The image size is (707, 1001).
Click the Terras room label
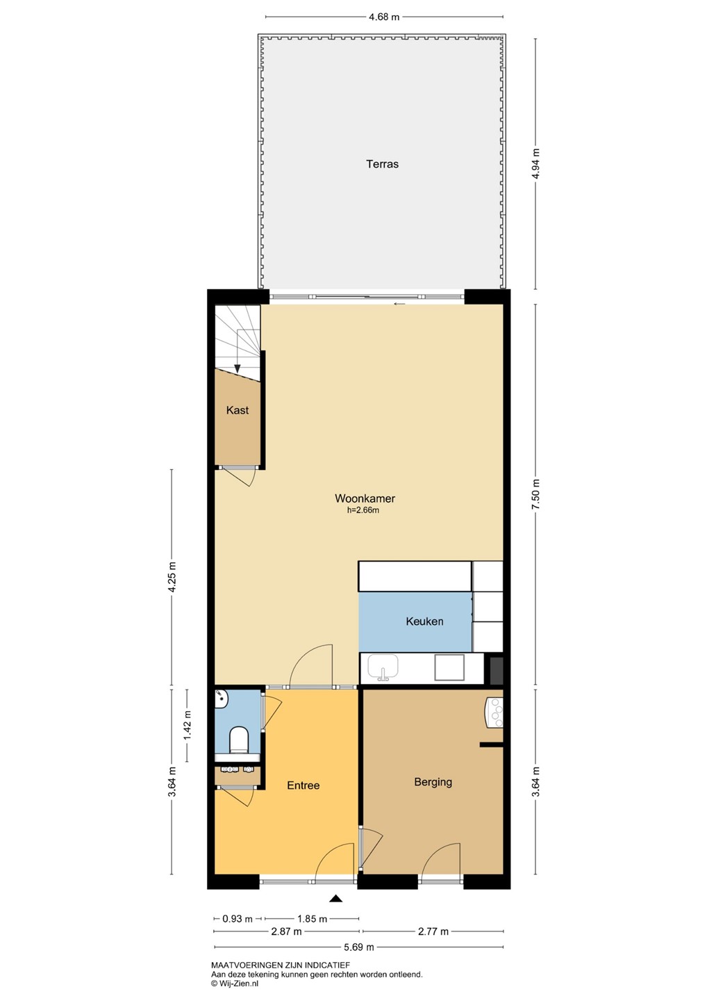point(382,164)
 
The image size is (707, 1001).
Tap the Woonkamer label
point(365,498)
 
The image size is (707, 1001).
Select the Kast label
point(237,410)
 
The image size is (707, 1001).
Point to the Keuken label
point(424,621)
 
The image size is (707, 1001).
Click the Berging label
point(433,781)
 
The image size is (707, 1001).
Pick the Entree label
point(303,786)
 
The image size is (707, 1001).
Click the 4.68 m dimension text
point(384,17)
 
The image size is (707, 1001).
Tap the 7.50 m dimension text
point(535,494)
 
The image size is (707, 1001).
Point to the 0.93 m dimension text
point(238,919)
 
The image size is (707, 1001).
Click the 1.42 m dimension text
point(188,725)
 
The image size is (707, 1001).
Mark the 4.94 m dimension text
point(535,163)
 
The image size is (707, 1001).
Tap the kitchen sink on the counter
point(383,667)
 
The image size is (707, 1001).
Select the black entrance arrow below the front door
point(335,898)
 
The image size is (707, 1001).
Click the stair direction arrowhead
point(238,368)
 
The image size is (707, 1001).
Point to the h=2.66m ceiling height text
point(363,510)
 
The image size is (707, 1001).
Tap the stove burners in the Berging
point(496,713)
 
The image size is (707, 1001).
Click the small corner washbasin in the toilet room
point(222,699)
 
